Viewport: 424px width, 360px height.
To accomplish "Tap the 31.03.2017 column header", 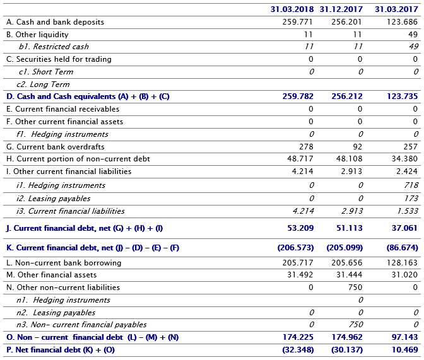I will coord(396,9).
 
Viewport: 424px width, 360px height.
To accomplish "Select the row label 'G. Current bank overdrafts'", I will coord(59,146).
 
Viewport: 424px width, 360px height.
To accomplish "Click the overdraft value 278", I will coord(307,146).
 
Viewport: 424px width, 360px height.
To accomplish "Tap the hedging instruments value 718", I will coord(412,185).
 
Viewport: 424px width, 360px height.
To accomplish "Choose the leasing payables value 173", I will coord(412,199).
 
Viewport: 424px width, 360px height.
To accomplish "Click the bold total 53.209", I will coord(298,228).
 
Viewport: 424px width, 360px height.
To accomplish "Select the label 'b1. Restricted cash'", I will coord(54,47).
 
